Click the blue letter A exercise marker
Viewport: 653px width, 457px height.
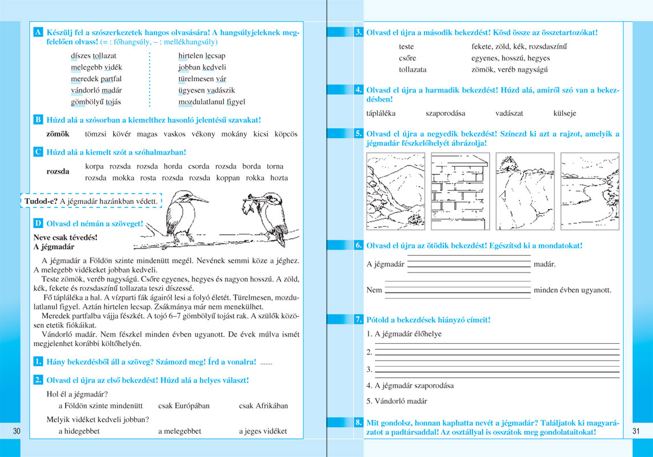point(37,32)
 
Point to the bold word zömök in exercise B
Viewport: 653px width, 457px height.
point(58,134)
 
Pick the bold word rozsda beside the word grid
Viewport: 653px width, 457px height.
point(58,171)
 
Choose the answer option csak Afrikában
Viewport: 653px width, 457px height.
point(263,406)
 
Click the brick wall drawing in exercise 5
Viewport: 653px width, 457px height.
point(460,190)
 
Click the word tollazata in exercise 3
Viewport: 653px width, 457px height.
point(412,70)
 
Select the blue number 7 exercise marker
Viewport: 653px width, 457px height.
point(358,320)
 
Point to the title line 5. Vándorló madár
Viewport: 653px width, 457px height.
point(396,402)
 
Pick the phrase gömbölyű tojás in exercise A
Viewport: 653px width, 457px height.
point(95,102)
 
